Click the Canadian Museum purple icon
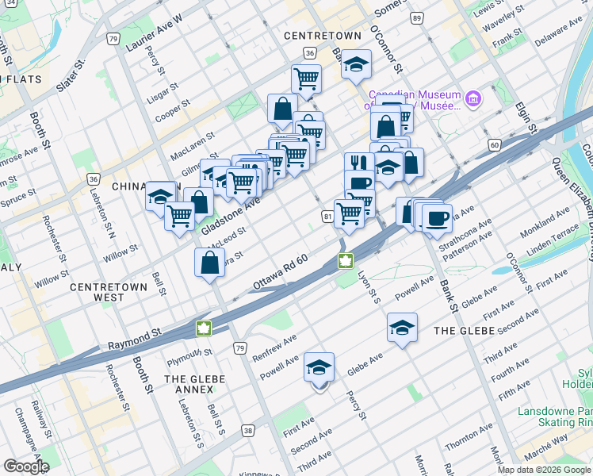coord(473,99)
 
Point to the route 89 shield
coord(416,17)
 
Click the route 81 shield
coord(327,216)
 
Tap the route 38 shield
coord(249,431)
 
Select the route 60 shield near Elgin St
coord(494,144)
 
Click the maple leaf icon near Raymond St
coord(203,328)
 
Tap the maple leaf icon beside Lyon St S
coord(346,261)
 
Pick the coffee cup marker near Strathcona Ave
coord(436,218)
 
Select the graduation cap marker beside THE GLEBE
coord(402,326)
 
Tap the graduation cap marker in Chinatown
coord(160,196)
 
